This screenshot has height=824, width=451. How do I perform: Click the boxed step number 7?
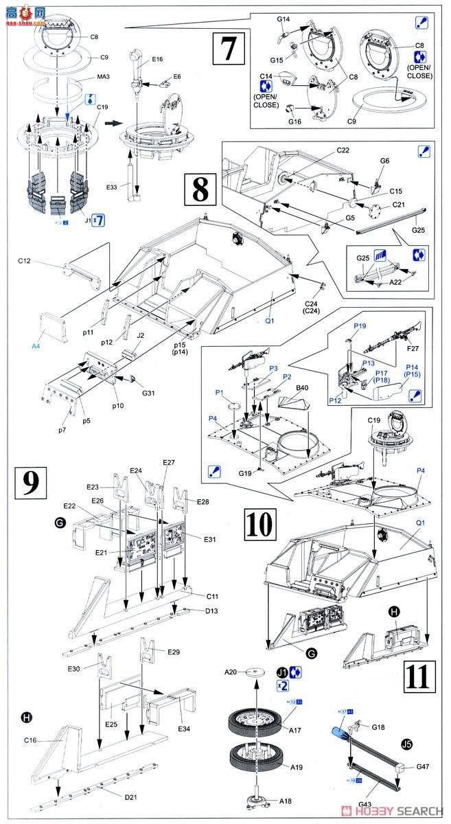tap(229, 49)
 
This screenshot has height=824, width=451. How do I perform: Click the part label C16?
tap(30, 740)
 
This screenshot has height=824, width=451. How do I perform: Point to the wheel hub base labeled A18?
tap(256, 803)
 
